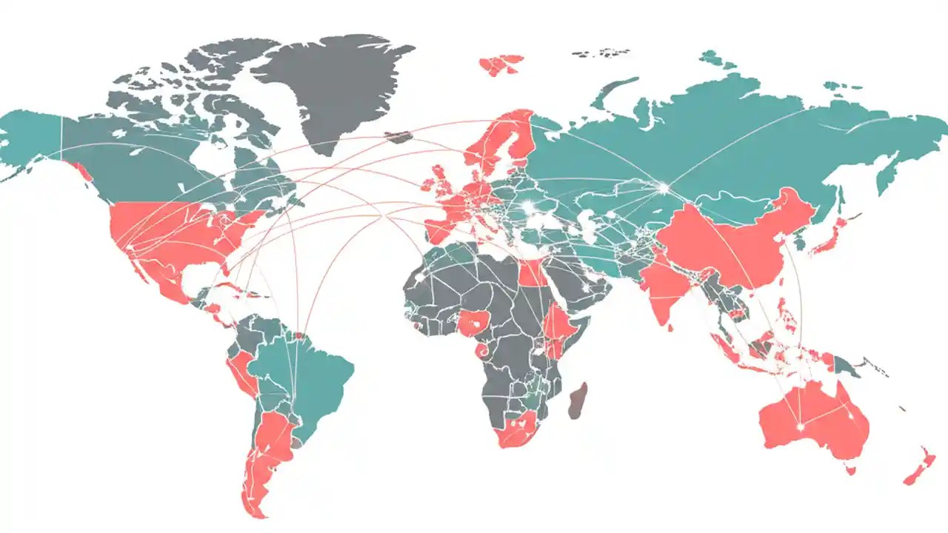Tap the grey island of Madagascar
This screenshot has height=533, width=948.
point(578,400)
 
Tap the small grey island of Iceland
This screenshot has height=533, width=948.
point(398,137)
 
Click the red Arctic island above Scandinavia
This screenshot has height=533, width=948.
point(501,64)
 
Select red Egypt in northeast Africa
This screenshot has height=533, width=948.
point(532,274)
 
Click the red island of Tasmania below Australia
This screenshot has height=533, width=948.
point(851,469)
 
